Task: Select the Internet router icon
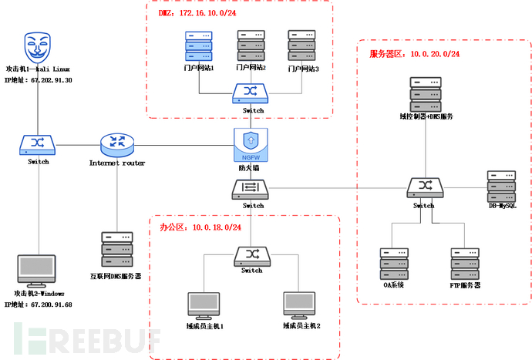[117, 143]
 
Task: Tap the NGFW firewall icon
[249, 144]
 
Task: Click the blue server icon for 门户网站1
[199, 45]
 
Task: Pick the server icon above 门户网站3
[301, 45]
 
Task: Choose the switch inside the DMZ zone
[250, 94]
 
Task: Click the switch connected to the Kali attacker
[37, 144]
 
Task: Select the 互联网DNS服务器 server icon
[116, 248]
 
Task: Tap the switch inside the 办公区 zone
[251, 254]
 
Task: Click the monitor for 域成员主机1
[204, 305]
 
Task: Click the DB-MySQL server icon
[501, 186]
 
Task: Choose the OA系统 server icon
[392, 264]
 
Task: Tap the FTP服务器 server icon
[465, 264]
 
